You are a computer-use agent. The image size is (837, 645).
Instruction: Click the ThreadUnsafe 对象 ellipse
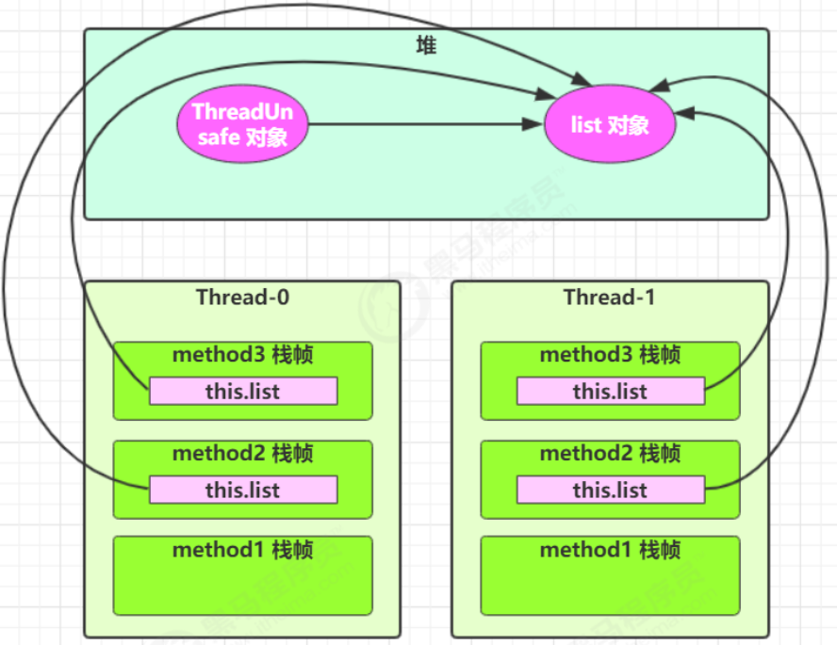coord(242,124)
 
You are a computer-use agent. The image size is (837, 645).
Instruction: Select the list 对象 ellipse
coord(610,124)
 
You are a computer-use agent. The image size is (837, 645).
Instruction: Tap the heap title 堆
coord(426,46)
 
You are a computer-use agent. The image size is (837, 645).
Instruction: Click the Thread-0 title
coord(242,297)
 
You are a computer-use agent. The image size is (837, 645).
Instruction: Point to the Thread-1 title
coord(609,297)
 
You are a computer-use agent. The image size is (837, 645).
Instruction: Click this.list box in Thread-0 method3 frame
coord(243,392)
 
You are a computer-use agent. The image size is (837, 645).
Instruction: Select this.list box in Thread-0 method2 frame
coord(243,490)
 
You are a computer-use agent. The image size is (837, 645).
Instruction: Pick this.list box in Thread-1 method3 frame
coord(611,392)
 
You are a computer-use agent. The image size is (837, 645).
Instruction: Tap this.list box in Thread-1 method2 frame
coord(611,490)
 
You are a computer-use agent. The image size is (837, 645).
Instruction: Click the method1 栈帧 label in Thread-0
coord(243,550)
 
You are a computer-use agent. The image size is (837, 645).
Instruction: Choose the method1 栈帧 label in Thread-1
coord(610,550)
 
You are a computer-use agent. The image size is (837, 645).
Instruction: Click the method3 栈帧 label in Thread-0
coord(243,354)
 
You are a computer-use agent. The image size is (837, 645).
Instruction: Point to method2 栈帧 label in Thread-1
coord(610,453)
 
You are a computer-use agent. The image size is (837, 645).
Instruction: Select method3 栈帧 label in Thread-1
coord(610,354)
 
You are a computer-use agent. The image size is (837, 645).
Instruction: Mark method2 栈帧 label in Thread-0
coord(243,453)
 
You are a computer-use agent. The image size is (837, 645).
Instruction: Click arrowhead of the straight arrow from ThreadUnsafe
coord(533,124)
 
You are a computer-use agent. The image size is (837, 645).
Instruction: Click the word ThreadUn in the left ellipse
coord(242,112)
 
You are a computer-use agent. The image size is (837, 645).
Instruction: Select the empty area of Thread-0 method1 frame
coord(243,588)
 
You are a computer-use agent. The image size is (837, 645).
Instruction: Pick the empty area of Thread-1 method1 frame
coord(610,588)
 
